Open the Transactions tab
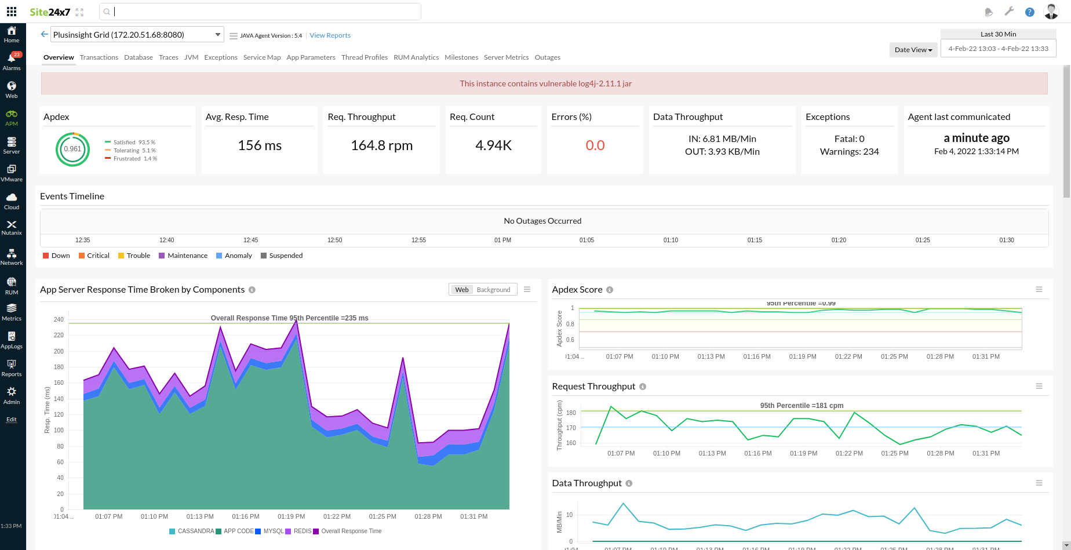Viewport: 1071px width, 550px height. [99, 57]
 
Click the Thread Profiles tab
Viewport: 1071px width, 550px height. [364, 57]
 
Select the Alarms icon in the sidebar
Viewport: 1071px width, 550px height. [12, 61]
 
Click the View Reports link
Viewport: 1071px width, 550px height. [330, 35]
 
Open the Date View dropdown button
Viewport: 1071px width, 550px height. [913, 50]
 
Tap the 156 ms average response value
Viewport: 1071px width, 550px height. [260, 145]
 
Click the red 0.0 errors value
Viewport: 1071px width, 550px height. [595, 145]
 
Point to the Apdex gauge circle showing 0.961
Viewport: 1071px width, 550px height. [72, 149]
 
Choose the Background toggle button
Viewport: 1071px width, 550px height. [493, 290]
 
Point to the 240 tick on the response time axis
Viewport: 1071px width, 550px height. [59, 319]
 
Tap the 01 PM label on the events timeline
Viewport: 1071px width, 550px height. [502, 240]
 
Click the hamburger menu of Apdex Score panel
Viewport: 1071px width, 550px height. [1039, 290]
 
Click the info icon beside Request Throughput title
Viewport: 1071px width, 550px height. [643, 387]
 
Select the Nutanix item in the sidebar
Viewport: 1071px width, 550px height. [12, 228]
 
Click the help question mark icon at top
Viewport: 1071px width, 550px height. [1029, 12]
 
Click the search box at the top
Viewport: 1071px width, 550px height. [261, 12]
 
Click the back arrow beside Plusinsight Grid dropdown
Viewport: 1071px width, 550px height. [44, 35]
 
